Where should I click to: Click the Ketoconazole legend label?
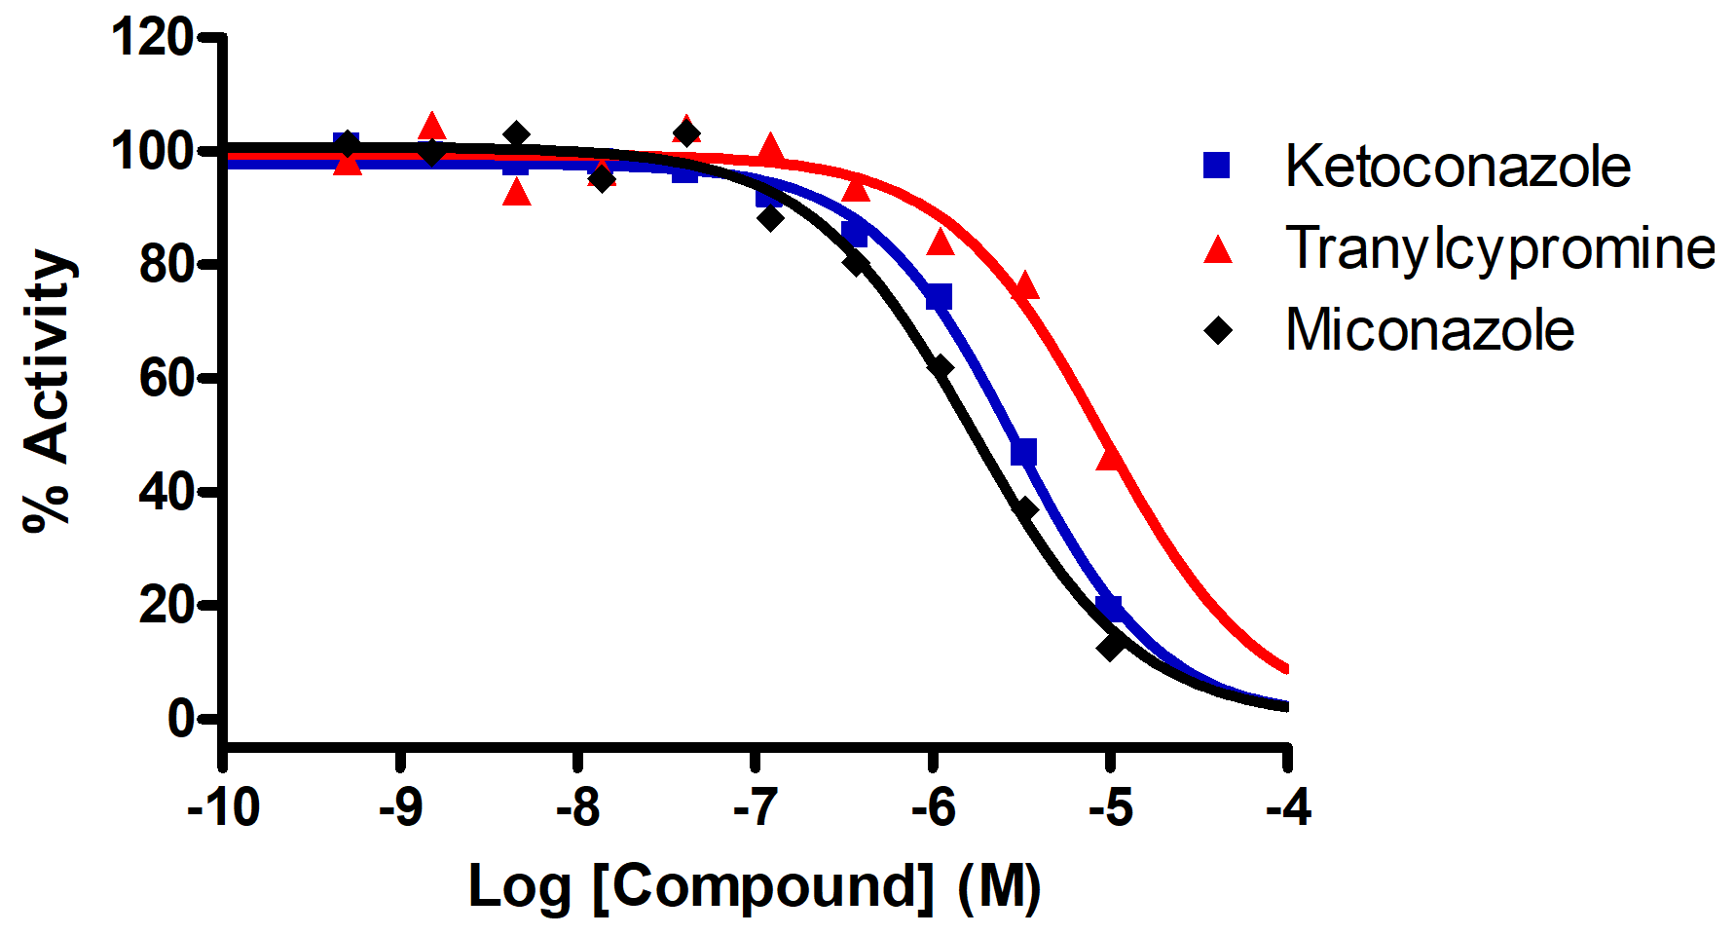click(x=1458, y=167)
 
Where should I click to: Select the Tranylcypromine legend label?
click(x=1499, y=248)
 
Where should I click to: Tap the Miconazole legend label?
click(x=1429, y=330)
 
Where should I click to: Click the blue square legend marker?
click(x=1217, y=166)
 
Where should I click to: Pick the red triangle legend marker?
click(x=1218, y=250)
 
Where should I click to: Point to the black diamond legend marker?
click(x=1218, y=330)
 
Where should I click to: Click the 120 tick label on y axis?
click(x=152, y=39)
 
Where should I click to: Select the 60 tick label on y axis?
click(x=166, y=378)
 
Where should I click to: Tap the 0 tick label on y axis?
click(x=180, y=719)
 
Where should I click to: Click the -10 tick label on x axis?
click(x=224, y=807)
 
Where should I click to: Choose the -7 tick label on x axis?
click(x=757, y=807)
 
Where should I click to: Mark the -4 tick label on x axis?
click(x=1288, y=807)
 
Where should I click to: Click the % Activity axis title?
click(x=49, y=390)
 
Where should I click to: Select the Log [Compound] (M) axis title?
click(x=755, y=886)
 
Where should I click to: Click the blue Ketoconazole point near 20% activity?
click(x=1109, y=608)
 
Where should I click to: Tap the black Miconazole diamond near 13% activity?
click(x=1111, y=646)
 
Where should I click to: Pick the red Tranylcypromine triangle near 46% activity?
click(x=1110, y=456)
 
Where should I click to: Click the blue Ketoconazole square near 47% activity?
click(x=1023, y=453)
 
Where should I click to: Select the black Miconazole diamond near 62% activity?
click(x=940, y=367)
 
